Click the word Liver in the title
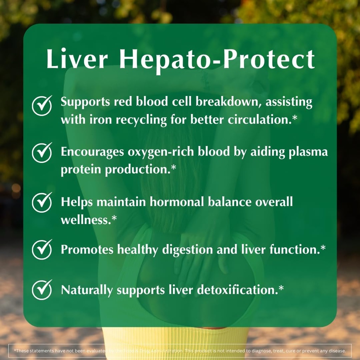[x=77, y=59]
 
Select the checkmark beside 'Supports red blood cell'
[x=42, y=105]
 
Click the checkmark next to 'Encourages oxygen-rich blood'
[x=42, y=153]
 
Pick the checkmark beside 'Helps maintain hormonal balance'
[x=42, y=202]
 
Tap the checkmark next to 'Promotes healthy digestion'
[x=42, y=249]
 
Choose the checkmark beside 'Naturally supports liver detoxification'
[x=42, y=290]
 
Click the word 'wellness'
[x=85, y=220]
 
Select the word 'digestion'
[x=187, y=249]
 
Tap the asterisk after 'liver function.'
[x=323, y=248]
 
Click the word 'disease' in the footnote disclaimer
[x=338, y=351]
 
